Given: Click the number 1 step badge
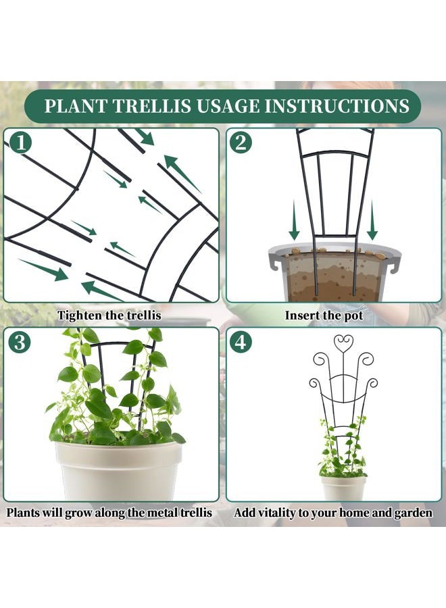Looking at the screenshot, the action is point(20,143).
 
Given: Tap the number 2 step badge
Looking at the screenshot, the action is point(241,143).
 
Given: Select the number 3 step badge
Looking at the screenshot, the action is point(20,342).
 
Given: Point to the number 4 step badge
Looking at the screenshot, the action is point(241,342).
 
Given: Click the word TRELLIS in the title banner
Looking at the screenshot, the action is point(151,106).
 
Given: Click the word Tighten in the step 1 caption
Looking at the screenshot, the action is point(78,315).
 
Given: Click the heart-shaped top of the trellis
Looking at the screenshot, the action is point(343,342).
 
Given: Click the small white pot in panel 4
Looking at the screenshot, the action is point(343,488).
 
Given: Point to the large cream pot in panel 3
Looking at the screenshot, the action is point(119,471).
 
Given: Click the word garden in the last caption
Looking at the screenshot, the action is point(413,513).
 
